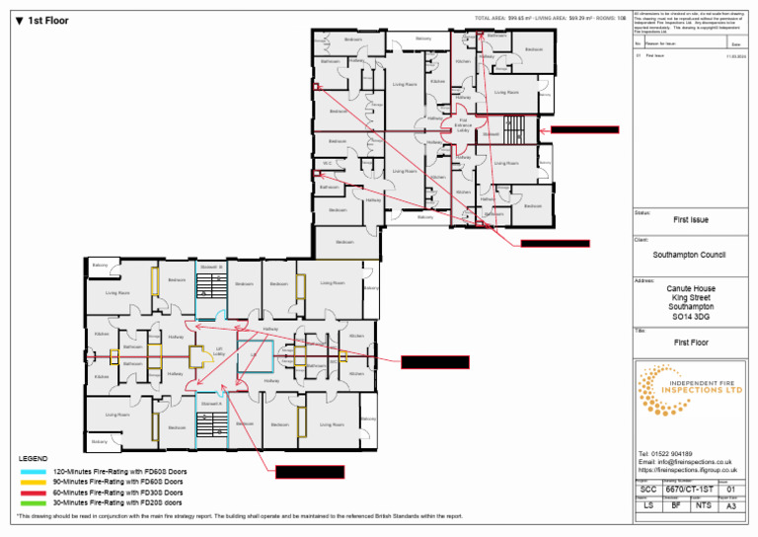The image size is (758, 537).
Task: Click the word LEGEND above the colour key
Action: [33, 459]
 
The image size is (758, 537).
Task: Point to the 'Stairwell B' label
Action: [211, 267]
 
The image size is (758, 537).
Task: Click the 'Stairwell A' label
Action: [211, 405]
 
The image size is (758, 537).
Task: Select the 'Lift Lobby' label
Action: [219, 350]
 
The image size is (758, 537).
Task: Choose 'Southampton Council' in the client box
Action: [689, 255]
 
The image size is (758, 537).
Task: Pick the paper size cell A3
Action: [729, 506]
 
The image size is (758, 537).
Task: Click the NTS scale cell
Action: [703, 506]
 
